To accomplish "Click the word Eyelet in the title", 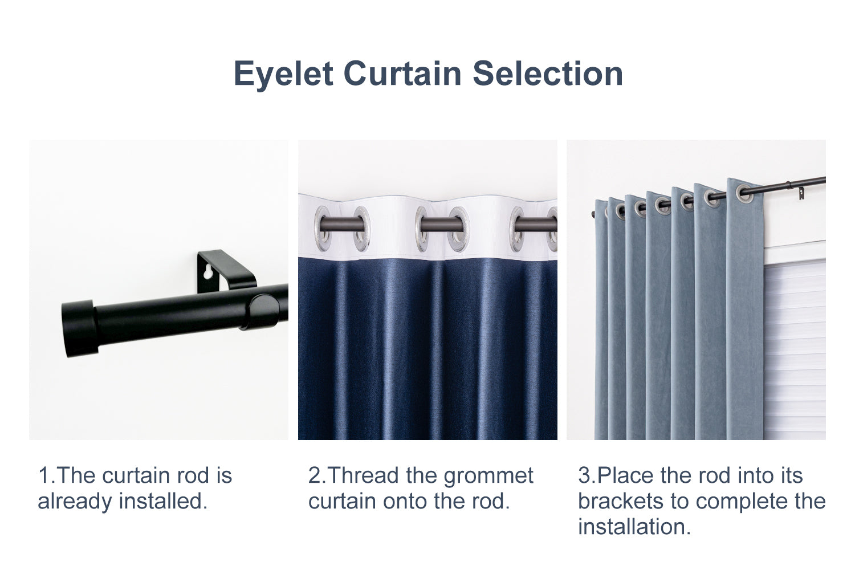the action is (x=284, y=75).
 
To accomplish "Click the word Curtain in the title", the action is (x=402, y=74).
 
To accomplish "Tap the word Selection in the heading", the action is (x=548, y=74).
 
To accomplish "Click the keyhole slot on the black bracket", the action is (x=207, y=272).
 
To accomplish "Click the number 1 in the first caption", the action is (x=44, y=476).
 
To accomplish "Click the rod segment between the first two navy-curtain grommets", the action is (x=341, y=223).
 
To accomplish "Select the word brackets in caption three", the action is (x=621, y=501).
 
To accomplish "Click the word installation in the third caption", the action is (x=634, y=527).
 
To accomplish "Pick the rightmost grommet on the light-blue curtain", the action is (x=744, y=193).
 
